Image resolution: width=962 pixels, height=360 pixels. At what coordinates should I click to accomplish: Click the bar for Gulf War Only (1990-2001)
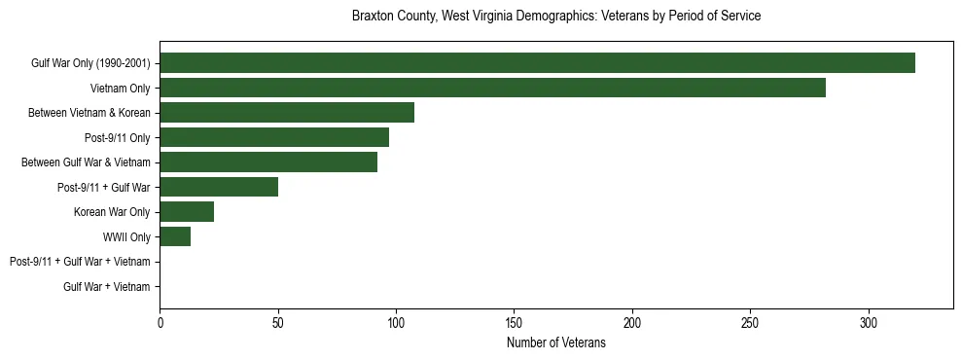click(537, 63)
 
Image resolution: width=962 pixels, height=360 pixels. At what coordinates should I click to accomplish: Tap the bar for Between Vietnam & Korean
click(287, 113)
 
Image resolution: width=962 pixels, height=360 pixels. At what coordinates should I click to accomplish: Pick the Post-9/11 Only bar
click(274, 137)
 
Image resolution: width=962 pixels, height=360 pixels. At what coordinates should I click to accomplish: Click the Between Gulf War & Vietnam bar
click(268, 162)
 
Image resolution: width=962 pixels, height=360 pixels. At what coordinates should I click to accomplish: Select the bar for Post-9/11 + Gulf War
click(219, 187)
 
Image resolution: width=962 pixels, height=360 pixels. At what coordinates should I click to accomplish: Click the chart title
click(555, 17)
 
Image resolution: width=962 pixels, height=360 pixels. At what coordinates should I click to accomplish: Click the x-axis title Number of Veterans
click(555, 342)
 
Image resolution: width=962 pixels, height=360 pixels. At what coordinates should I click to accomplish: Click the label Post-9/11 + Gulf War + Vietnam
click(80, 262)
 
